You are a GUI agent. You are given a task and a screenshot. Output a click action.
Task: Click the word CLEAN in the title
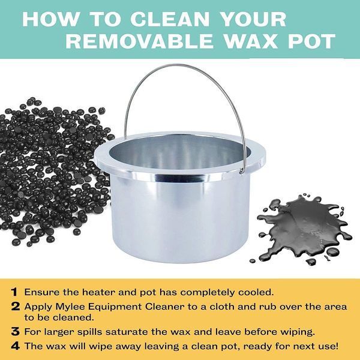[x=170, y=19]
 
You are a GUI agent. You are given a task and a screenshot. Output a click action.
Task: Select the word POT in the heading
[x=311, y=41]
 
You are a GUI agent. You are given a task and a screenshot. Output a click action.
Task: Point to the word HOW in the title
[x=51, y=19]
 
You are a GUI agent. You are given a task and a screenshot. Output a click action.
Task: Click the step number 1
[x=14, y=292]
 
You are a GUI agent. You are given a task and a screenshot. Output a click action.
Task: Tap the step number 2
[x=16, y=307]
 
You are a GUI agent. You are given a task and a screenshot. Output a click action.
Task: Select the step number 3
[x=16, y=332]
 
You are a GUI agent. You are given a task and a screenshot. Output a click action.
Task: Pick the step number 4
[x=16, y=346]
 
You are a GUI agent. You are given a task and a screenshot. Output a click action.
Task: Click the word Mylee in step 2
[x=71, y=307]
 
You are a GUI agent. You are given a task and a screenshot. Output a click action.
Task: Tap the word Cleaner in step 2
[x=161, y=307]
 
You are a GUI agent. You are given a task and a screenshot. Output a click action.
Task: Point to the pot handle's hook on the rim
[x=241, y=170]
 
